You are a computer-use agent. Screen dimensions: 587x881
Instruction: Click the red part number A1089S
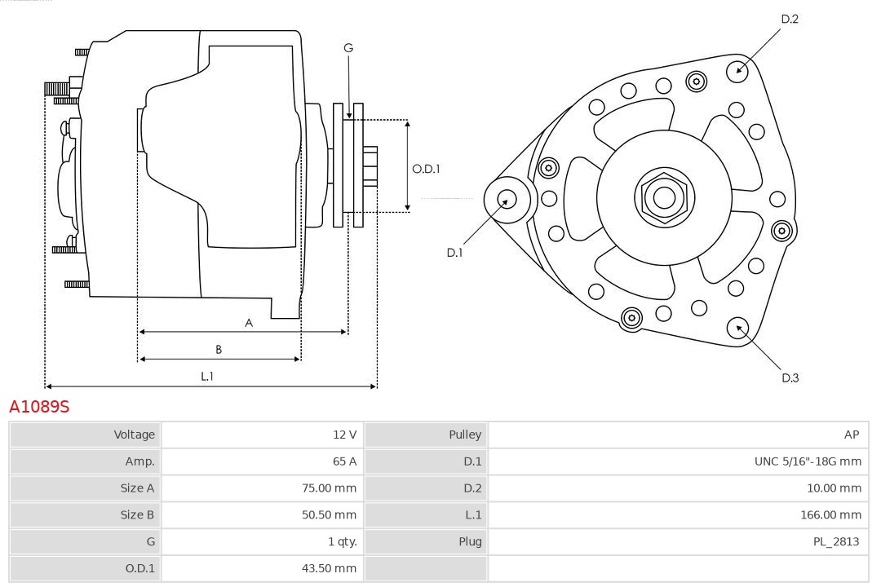(39, 407)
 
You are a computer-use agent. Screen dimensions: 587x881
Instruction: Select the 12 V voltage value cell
(344, 435)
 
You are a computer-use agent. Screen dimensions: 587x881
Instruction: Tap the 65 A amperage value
(343, 461)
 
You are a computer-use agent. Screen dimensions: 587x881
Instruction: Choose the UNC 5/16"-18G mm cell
(808, 461)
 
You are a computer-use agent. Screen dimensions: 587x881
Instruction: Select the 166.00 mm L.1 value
(830, 515)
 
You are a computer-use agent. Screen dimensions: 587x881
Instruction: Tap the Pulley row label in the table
(465, 435)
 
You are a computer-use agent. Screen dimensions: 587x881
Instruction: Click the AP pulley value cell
(852, 435)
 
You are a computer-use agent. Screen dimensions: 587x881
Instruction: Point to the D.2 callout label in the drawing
(790, 19)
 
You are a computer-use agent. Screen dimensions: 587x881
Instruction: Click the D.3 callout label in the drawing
(790, 377)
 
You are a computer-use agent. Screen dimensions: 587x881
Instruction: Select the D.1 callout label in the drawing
(454, 253)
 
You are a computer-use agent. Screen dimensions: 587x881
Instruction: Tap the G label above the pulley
(348, 48)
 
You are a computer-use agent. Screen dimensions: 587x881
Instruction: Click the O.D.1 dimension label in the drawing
(426, 169)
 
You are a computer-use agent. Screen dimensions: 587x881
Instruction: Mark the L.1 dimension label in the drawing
(207, 376)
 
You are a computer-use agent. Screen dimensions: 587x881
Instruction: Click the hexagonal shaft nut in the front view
(664, 196)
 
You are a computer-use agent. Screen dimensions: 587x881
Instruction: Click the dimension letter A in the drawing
(249, 323)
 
